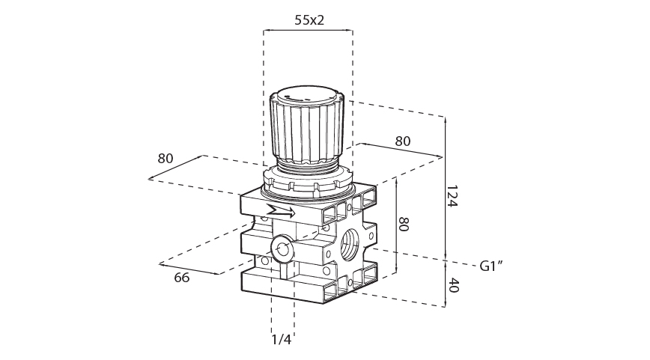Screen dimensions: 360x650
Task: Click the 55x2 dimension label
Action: [309, 20]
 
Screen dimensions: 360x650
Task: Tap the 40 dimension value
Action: [454, 285]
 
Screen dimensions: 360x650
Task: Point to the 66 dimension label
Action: [181, 278]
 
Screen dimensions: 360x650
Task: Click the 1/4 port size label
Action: [281, 340]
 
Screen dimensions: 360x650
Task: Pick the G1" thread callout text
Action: [490, 266]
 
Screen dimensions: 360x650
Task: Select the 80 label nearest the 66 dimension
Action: [165, 158]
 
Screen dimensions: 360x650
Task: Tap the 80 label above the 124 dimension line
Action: [403, 141]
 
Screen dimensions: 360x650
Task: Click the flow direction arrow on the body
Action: [281, 211]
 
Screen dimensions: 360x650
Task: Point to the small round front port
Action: [283, 247]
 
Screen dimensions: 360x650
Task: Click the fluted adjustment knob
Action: [307, 131]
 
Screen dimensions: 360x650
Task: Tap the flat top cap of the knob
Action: [307, 95]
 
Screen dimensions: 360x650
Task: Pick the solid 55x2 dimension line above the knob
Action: [308, 31]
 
